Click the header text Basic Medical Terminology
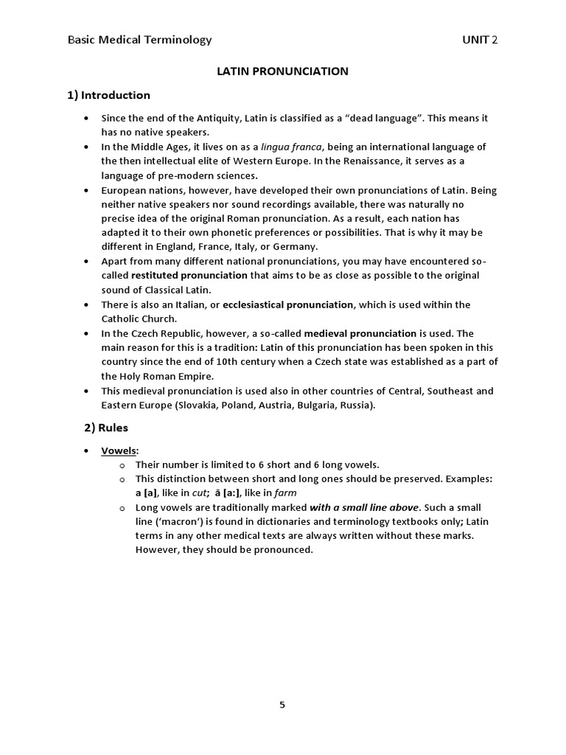(x=139, y=40)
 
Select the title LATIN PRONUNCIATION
(x=282, y=72)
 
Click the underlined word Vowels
(x=119, y=450)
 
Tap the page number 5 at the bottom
(x=282, y=704)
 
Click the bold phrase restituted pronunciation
(x=189, y=275)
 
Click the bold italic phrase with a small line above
(x=364, y=507)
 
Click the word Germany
(x=296, y=246)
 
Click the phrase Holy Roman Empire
(x=166, y=376)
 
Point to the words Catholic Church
(x=138, y=319)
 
